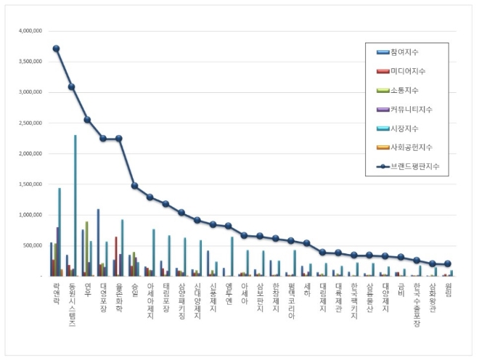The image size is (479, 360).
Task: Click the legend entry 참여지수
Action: pos(405,52)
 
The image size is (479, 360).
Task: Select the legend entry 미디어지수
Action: pos(407,71)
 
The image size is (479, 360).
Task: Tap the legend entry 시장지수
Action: pos(405,128)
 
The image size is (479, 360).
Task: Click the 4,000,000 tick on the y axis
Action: pos(28,31)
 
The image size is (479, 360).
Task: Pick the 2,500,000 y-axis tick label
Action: pos(28,123)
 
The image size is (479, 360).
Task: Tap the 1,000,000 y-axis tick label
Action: pos(28,215)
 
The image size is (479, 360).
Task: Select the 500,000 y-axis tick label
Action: pos(30,245)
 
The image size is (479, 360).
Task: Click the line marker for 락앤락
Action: pos(56,49)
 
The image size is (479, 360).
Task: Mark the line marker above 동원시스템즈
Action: pos(71,87)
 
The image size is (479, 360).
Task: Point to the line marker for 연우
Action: pos(87,120)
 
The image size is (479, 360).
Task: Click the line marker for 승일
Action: pos(134,186)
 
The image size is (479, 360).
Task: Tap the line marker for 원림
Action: pos(448,263)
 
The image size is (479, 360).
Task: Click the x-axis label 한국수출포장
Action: pos(417,305)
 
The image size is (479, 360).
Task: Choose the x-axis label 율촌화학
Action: pos(119,297)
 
